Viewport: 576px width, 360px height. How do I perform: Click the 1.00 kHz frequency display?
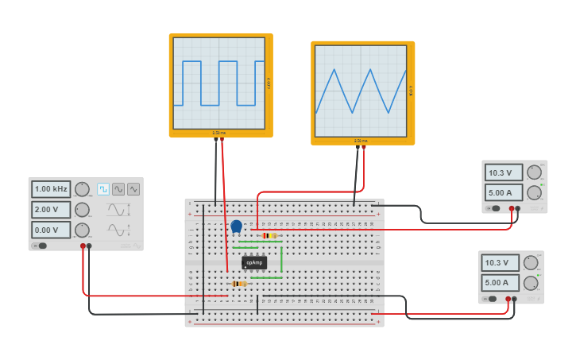51,189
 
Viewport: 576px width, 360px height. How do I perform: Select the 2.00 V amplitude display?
51,210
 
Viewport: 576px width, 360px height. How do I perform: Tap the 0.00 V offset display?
51,230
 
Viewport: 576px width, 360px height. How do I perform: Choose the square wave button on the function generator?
103,189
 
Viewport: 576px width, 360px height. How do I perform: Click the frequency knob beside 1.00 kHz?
82,189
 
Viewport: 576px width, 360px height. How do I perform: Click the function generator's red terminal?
83,246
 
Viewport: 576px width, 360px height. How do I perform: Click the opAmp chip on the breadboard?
254,262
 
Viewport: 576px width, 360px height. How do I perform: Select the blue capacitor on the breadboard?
236,226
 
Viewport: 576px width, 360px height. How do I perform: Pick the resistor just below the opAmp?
239,284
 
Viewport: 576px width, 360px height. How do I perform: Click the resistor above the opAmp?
269,235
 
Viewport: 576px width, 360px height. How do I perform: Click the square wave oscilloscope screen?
219,83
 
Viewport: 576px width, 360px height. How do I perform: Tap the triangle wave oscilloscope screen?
361,91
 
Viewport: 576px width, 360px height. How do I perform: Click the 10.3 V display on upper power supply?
504,172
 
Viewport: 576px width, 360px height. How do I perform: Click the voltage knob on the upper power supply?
534,172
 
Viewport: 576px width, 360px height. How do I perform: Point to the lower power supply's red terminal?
508,299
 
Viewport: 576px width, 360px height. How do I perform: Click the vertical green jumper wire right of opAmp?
281,259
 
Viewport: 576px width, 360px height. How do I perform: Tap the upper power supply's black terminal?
518,208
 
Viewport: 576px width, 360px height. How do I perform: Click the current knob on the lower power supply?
531,283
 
